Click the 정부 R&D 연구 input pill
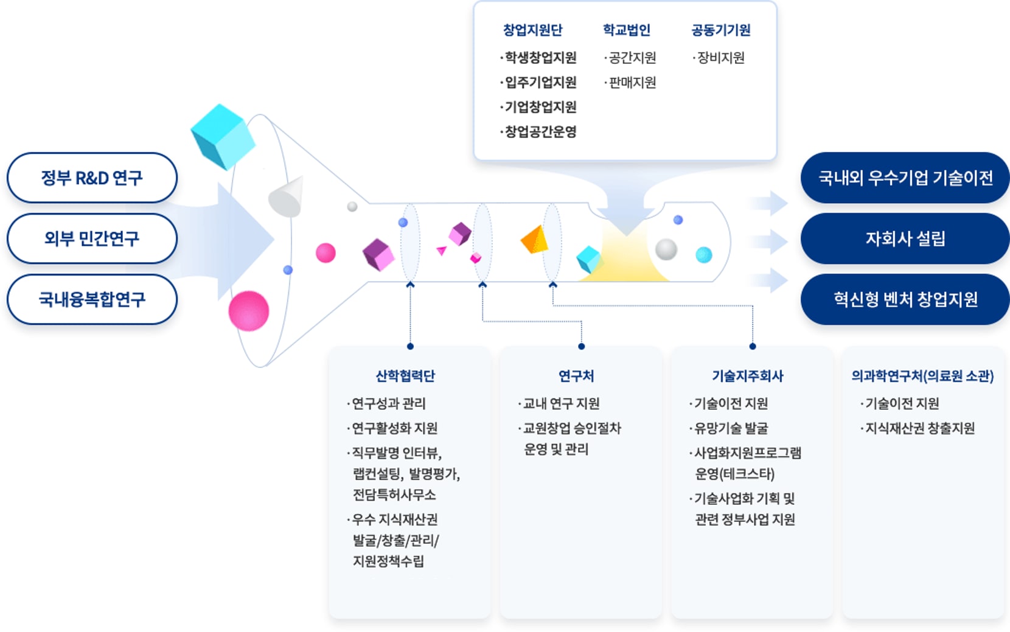pos(92,178)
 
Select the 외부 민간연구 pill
pos(92,238)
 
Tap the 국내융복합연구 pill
pos(92,299)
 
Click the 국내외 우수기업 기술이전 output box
pos(905,178)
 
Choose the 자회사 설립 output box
pos(905,238)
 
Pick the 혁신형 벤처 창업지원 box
pos(905,299)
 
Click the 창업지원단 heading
pos(532,30)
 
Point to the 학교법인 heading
pos(626,30)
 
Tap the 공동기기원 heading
pos(720,30)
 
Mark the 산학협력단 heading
pos(405,376)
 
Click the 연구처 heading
pos(576,376)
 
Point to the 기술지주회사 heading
pos(748,376)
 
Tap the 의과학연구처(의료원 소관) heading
pos(922,376)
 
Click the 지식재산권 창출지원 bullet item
pos(919,428)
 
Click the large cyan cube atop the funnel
pos(221,136)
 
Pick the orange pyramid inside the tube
pos(535,240)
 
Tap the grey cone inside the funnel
pos(286,197)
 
